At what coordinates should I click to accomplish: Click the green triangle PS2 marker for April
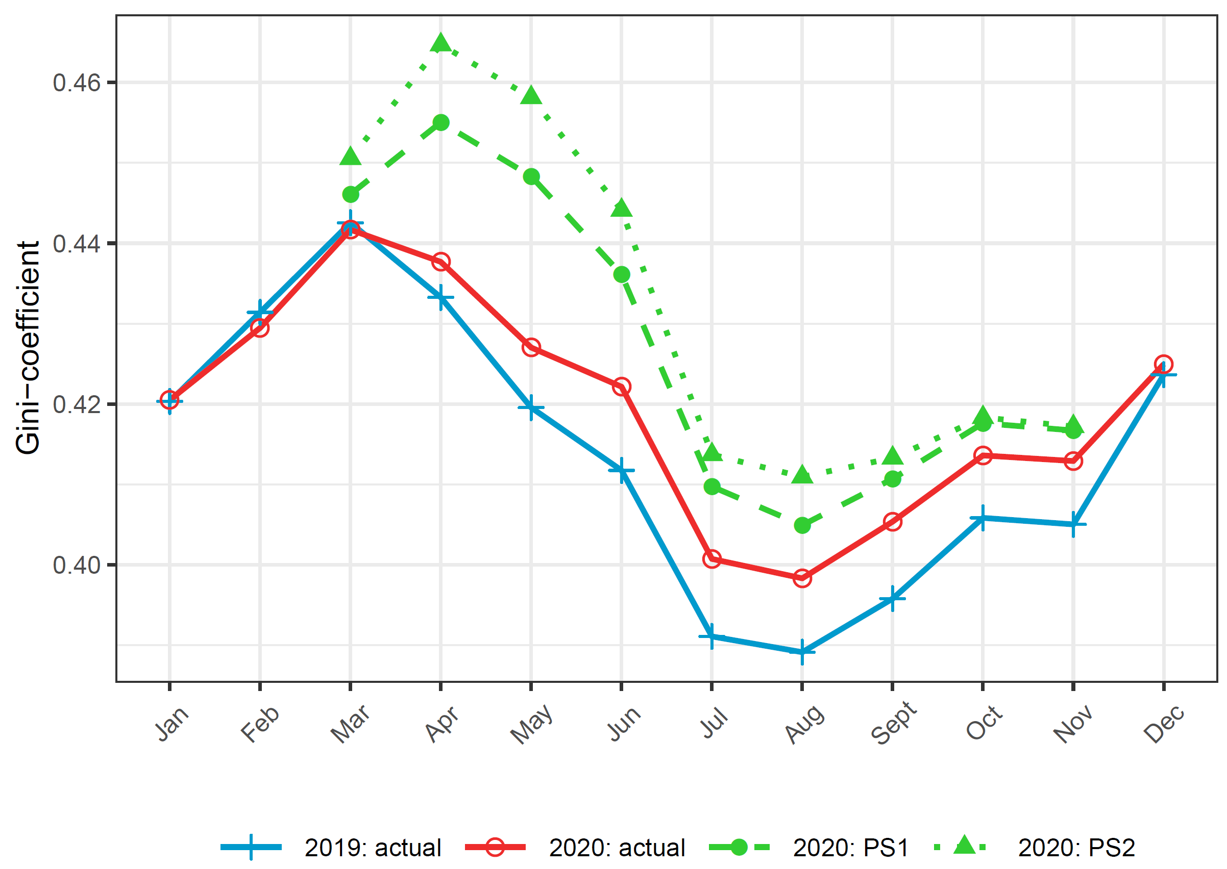(x=440, y=42)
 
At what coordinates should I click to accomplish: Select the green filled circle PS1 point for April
(x=440, y=122)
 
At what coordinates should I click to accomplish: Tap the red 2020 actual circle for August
(x=802, y=578)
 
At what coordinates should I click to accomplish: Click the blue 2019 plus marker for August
(x=802, y=652)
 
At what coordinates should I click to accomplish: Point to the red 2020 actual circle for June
(x=621, y=387)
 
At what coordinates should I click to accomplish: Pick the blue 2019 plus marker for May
(x=531, y=408)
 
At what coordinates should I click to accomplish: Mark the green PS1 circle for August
(x=802, y=525)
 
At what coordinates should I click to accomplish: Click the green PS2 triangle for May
(x=531, y=96)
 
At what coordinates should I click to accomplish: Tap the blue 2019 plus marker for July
(x=711, y=636)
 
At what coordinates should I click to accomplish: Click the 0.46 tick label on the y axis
(x=77, y=83)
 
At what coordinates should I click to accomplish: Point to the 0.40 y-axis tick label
(x=77, y=565)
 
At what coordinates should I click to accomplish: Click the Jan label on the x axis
(x=172, y=724)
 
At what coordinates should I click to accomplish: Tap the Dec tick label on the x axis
(x=1163, y=724)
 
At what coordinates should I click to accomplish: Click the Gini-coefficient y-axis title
(x=28, y=348)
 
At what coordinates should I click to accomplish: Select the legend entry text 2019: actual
(x=373, y=848)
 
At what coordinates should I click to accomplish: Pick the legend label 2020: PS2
(x=1076, y=848)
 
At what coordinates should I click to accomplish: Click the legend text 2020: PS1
(x=850, y=848)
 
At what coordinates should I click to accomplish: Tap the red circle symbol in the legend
(x=496, y=847)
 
